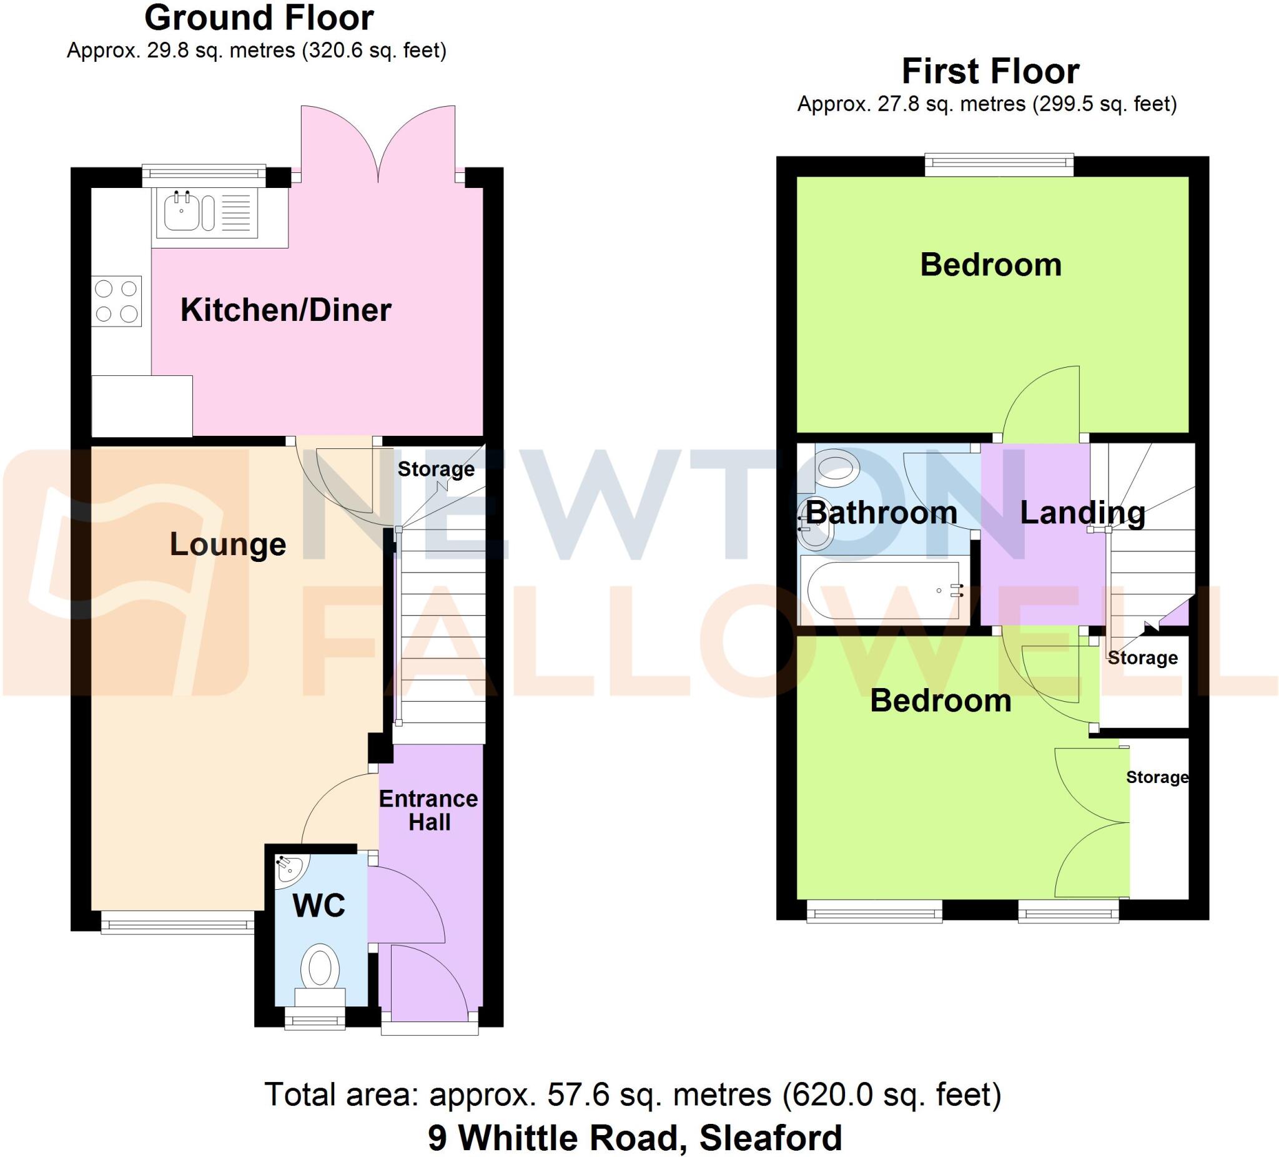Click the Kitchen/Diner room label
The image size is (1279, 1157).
285,310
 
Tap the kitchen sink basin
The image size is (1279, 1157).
182,212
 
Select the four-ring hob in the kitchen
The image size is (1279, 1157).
116,302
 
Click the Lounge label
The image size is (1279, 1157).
228,544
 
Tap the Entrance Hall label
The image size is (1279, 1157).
429,810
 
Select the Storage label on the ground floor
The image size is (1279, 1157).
436,469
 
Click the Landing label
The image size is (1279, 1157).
1082,513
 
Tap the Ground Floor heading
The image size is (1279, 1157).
259,18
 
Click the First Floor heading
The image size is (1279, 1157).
990,71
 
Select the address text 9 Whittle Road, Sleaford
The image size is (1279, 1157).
635,1138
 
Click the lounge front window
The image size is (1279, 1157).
177,922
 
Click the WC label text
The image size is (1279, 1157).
319,906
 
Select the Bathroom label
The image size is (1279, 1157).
881,513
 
